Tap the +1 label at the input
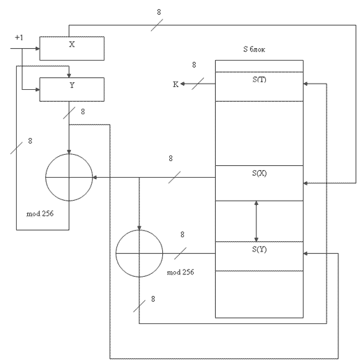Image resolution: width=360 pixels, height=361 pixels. [19, 38]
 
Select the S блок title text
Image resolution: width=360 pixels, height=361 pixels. [254, 49]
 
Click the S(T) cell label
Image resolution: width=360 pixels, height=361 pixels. [259, 79]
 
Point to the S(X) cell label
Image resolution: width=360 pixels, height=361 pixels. [259, 173]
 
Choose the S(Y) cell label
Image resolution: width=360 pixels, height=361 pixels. [259, 249]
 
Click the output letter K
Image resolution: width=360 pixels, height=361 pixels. [175, 84]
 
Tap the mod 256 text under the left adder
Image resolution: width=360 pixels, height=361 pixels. [40, 213]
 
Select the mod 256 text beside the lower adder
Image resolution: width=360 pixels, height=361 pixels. [180, 272]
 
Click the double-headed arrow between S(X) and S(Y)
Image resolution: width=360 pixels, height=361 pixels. [256, 221]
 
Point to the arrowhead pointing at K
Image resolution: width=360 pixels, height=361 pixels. [182, 84]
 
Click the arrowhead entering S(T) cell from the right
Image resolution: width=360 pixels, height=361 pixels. [306, 84]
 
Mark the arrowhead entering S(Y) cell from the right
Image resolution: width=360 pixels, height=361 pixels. [306, 254]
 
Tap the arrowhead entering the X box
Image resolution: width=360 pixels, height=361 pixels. [38, 49]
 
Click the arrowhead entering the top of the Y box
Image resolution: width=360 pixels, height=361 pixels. [69, 75]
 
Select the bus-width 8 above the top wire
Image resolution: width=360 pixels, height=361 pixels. [159, 12]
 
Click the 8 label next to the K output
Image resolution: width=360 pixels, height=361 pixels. [194, 65]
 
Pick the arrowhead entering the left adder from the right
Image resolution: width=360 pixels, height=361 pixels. [95, 178]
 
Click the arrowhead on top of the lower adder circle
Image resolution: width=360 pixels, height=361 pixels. [139, 228]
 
